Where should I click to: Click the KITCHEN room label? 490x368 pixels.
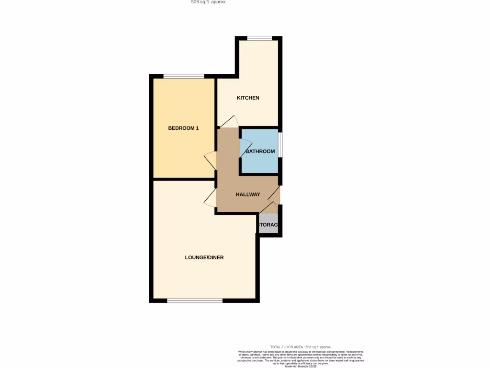point(248,98)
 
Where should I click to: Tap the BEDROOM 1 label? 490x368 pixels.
point(183,128)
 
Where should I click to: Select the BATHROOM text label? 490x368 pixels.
point(260,151)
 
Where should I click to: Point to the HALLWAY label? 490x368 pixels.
point(248,194)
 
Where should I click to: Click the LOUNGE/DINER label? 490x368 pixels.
point(204,257)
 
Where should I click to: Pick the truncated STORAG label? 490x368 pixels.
point(268,225)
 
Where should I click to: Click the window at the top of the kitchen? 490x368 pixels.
point(259,38)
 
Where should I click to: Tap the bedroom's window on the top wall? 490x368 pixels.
point(184,76)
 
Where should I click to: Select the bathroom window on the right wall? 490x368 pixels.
point(280,144)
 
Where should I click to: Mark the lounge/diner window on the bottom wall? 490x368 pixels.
point(195,300)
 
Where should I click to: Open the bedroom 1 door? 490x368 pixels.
point(210,161)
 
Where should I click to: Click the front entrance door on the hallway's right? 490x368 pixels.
point(274,193)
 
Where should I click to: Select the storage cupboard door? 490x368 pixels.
point(268,207)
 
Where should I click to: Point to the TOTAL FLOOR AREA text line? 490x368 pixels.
point(301,347)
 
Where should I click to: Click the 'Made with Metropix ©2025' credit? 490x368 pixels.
point(301,366)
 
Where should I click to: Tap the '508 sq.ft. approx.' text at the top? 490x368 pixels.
point(209,2)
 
